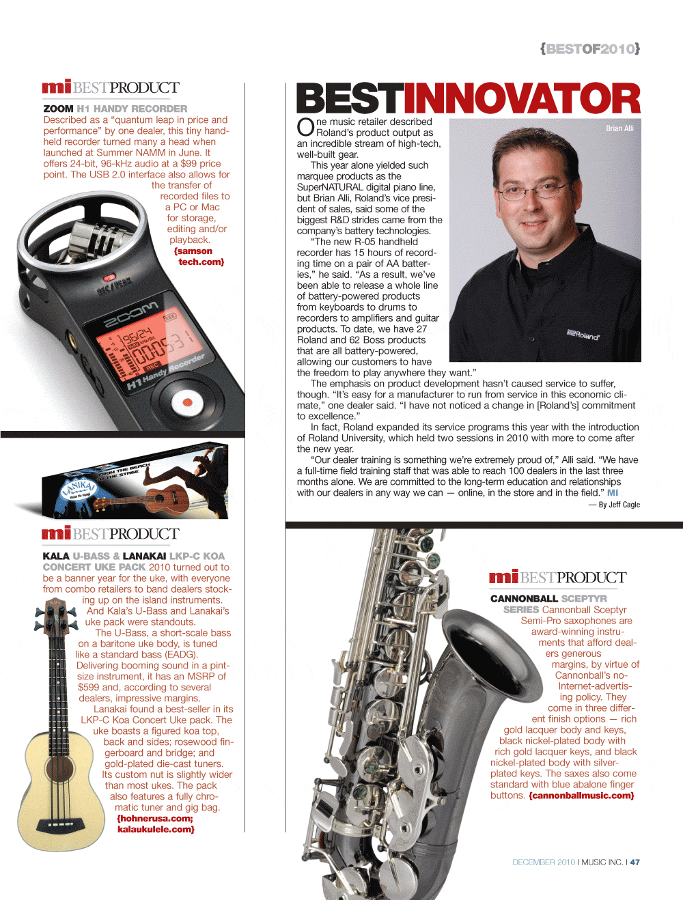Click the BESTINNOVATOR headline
[468, 99]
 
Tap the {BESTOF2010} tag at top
[590, 48]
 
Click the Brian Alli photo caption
[619, 128]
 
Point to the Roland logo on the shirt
[583, 335]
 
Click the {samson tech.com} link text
[199, 257]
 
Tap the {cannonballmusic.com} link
[581, 796]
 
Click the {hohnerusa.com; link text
[155, 818]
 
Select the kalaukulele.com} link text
[156, 829]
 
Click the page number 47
[635, 862]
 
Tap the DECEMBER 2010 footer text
[544, 862]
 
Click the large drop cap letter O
[305, 128]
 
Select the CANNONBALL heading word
[524, 599]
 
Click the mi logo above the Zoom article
[56, 87]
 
